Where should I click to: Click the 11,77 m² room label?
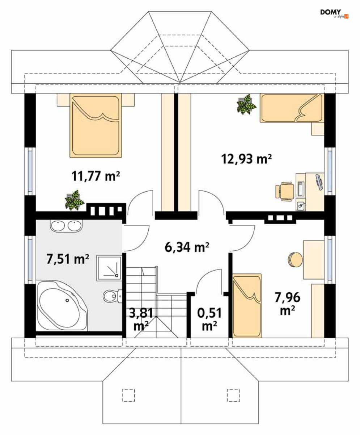pos(96,176)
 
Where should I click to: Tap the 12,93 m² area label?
pos(246,159)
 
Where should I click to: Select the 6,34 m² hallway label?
pos(187,247)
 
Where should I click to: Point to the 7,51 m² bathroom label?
pos(68,259)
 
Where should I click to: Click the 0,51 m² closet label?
pos(209,319)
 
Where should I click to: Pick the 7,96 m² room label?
pos(287,304)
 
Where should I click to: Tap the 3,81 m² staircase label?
pos(141,319)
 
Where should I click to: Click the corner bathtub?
pos(62,306)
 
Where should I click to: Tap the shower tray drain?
pos(117,275)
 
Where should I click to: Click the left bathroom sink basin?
pos(58,226)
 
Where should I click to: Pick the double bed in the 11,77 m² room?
pos(96,125)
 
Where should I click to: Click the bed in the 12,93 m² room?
pos(292,108)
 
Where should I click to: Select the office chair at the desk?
pos(285,191)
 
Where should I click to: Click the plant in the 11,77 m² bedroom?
pos(74,200)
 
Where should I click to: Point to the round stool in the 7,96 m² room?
pos(295,260)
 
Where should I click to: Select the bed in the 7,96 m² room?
pos(247,306)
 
